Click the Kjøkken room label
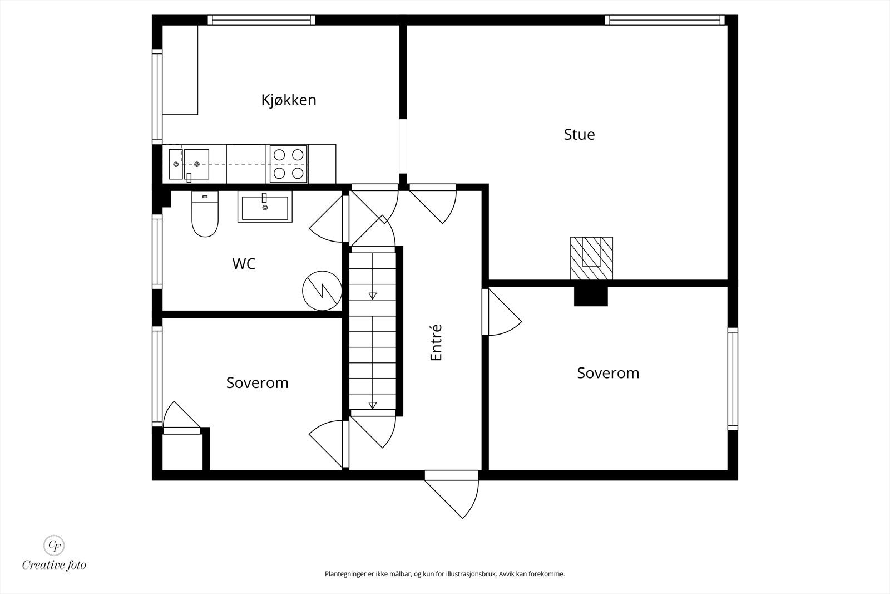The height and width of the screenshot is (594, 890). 289,100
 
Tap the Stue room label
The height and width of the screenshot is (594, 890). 579,135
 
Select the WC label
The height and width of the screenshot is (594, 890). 244,264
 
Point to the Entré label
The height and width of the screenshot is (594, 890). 436,342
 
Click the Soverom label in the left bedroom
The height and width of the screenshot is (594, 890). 257,383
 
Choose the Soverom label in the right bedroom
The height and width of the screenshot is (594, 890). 608,373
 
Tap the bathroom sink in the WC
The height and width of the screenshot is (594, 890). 265,207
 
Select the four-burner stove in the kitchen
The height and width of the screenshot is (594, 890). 288,164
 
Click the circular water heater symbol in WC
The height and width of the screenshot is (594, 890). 322,290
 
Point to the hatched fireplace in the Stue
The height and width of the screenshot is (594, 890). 591,258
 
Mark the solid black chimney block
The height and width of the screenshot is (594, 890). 591,296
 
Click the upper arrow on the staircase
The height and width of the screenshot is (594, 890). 372,296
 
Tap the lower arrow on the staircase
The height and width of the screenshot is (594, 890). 372,405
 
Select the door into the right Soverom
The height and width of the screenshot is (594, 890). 502,315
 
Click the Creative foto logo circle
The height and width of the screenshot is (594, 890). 54,544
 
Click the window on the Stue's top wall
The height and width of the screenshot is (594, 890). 665,21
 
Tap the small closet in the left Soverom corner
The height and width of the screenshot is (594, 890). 181,452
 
